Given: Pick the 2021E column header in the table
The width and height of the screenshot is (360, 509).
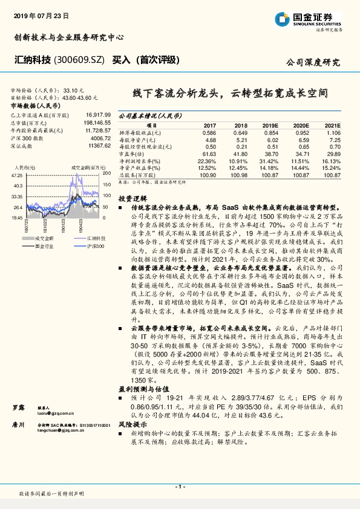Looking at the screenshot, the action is tap(335, 126).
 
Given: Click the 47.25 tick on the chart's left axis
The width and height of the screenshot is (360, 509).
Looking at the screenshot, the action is tap(18, 175).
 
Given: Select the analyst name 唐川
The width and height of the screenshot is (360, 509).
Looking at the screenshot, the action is tap(18, 426).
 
